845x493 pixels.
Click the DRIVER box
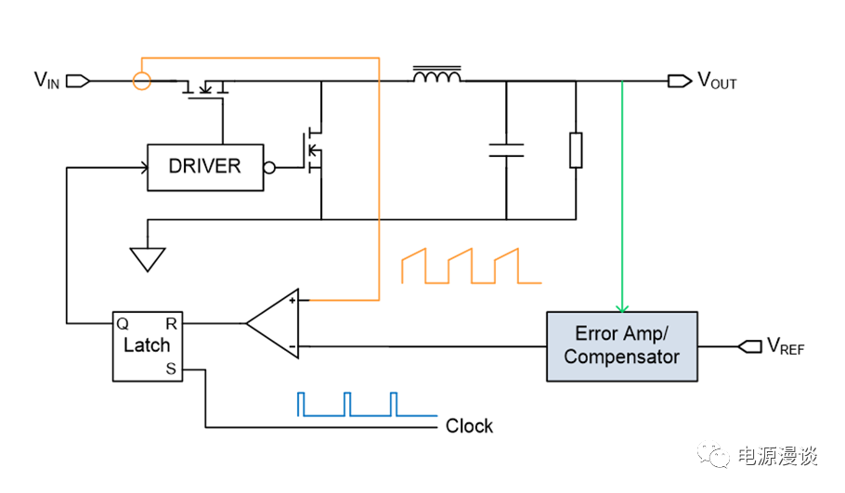click(x=204, y=167)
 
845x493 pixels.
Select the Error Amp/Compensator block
click(x=622, y=345)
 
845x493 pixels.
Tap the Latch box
click(x=147, y=345)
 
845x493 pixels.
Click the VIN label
click(x=47, y=81)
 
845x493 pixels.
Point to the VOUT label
click(x=717, y=82)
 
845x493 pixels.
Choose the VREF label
click(x=785, y=346)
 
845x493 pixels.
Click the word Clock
click(x=469, y=426)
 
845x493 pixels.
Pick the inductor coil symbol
click(x=436, y=75)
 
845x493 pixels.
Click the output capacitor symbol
click(x=506, y=150)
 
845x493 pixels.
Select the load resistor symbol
click(x=576, y=150)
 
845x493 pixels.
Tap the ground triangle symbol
click(x=147, y=259)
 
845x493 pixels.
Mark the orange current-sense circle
click(x=141, y=81)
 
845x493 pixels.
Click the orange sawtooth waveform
click(x=471, y=266)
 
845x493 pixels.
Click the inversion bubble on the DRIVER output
click(x=269, y=168)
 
